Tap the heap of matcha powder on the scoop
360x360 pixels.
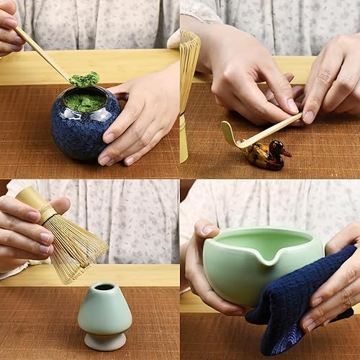(84, 78)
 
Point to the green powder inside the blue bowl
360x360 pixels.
(85, 102)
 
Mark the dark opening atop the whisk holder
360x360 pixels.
(104, 287)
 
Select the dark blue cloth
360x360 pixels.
(302, 302)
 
